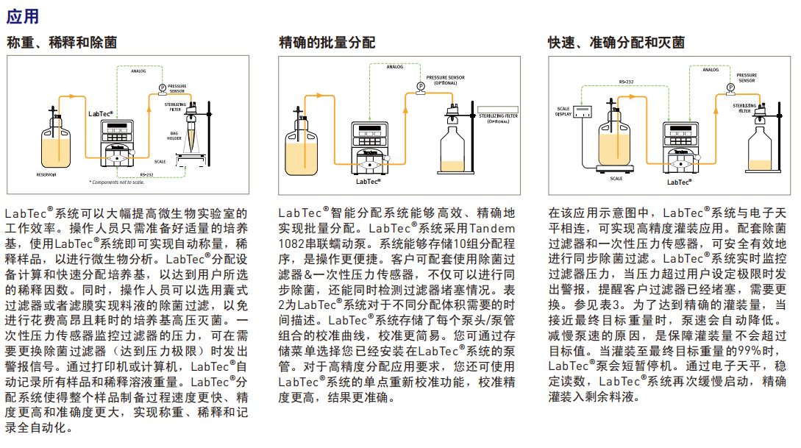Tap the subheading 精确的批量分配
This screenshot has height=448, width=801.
pos(327,43)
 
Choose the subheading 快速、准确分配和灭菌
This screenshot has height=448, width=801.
pos(616,43)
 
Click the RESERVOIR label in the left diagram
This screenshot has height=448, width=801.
pos(46,174)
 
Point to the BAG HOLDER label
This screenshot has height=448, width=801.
pos(174,135)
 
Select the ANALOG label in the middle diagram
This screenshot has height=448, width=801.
pos(395,67)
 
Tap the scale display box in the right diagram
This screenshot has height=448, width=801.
pos(584,112)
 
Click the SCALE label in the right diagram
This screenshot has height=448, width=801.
pos(616,178)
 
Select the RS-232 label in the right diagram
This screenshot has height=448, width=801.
pos(626,81)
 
